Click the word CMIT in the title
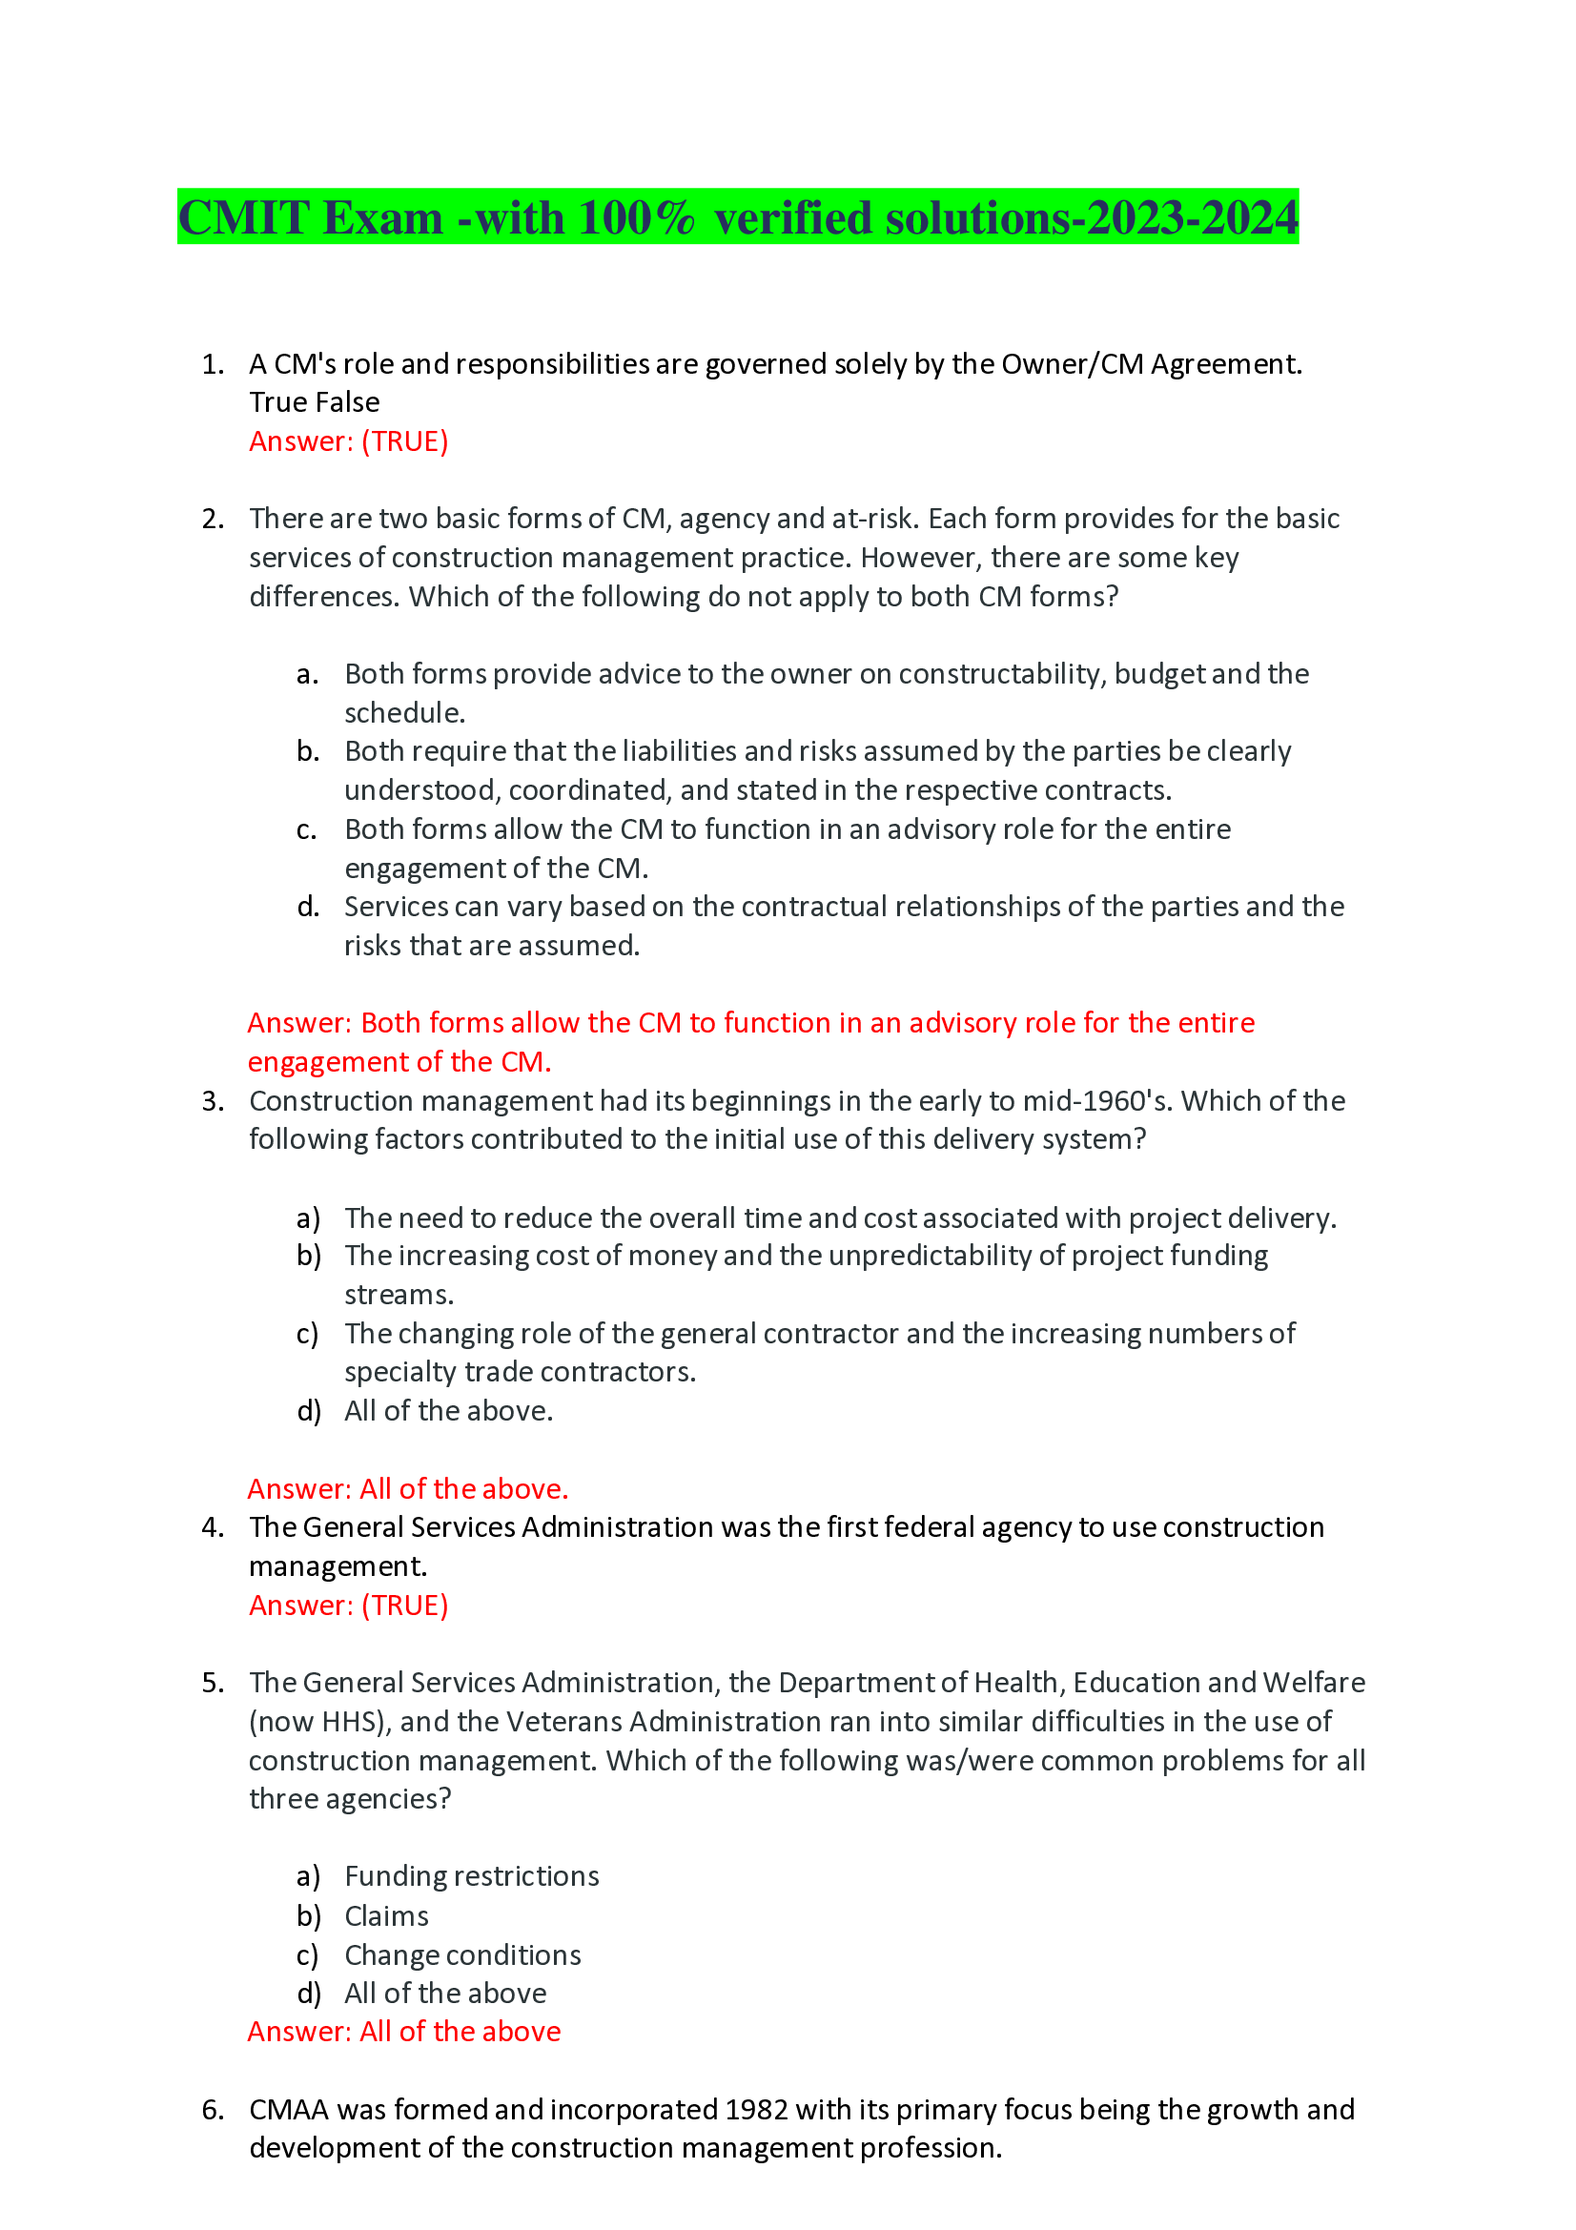click(x=243, y=217)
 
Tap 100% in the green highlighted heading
click(x=637, y=217)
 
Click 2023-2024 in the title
click(x=1192, y=217)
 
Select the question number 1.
click(x=212, y=364)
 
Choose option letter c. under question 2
click(x=307, y=829)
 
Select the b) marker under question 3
click(x=309, y=1256)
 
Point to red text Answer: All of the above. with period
click(x=408, y=1489)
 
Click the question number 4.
click(x=212, y=1527)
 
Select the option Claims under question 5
click(x=386, y=1916)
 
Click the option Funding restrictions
click(x=472, y=1875)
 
